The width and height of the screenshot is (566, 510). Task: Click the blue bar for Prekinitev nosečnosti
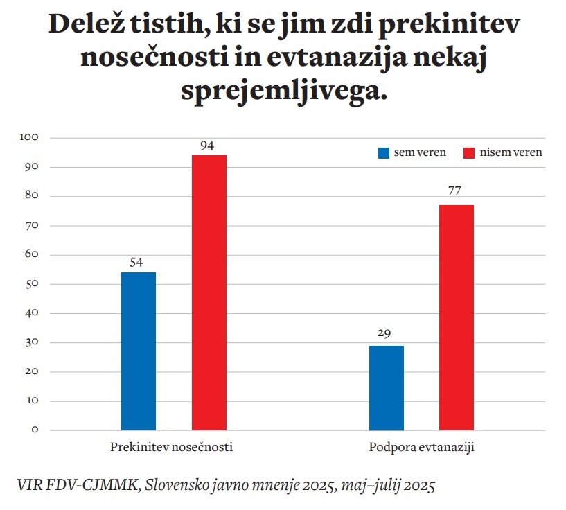[139, 351]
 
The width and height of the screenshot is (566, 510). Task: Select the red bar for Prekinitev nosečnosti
[209, 292]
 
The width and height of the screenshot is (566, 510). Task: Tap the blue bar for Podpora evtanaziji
[387, 387]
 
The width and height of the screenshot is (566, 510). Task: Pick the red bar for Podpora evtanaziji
[457, 317]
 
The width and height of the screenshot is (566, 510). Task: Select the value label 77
[456, 191]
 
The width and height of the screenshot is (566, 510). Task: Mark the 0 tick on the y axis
[35, 430]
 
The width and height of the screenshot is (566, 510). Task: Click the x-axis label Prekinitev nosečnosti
[171, 448]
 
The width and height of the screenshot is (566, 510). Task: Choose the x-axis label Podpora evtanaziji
[421, 448]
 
